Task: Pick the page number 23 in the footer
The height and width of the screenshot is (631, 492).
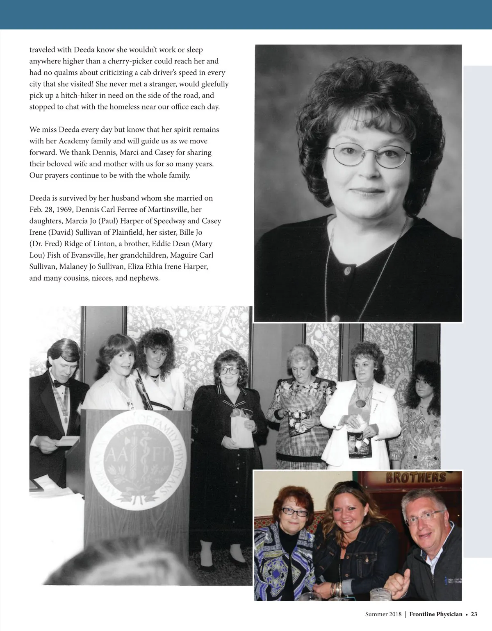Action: [474, 614]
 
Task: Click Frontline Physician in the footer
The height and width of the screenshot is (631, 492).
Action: [436, 614]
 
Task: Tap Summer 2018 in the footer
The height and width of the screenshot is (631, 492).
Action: [383, 614]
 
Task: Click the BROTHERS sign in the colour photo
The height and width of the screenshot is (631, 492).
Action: [416, 478]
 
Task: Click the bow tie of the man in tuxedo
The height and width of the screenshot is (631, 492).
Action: [60, 385]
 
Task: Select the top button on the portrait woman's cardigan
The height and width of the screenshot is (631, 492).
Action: [348, 270]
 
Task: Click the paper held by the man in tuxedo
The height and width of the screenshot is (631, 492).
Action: [66, 440]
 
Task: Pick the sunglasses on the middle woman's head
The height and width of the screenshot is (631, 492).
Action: [347, 486]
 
